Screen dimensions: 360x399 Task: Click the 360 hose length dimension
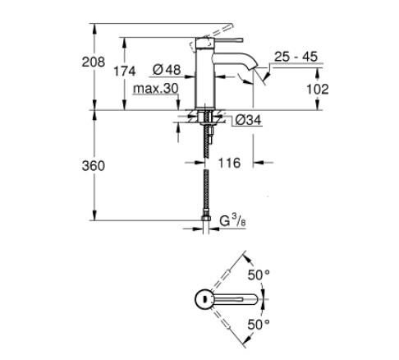click(x=95, y=166)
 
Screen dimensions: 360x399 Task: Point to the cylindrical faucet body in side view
click(x=205, y=78)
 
